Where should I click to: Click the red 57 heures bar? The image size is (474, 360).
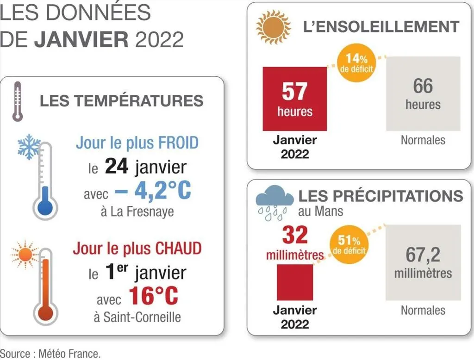pyautogui.click(x=294, y=99)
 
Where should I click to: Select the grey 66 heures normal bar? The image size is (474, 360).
pyautogui.click(x=423, y=93)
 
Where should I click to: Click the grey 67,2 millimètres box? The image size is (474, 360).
pyautogui.click(x=423, y=262)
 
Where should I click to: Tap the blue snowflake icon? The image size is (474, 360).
pyautogui.click(x=29, y=147)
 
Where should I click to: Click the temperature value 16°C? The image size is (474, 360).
pyautogui.click(x=154, y=296)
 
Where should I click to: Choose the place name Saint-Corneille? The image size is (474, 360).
pyautogui.click(x=136, y=317)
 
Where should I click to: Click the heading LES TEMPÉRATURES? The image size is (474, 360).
pyautogui.click(x=121, y=100)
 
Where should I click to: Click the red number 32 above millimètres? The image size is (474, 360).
pyautogui.click(x=295, y=236)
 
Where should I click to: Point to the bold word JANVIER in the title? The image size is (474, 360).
pyautogui.click(x=82, y=40)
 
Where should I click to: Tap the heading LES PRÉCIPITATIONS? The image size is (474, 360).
pyautogui.click(x=380, y=196)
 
